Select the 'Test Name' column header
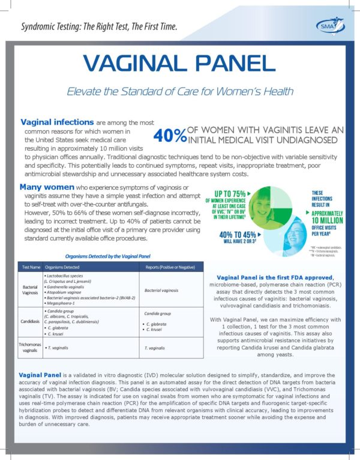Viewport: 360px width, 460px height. [31, 266]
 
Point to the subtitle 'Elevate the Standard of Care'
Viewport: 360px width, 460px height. [180, 91]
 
